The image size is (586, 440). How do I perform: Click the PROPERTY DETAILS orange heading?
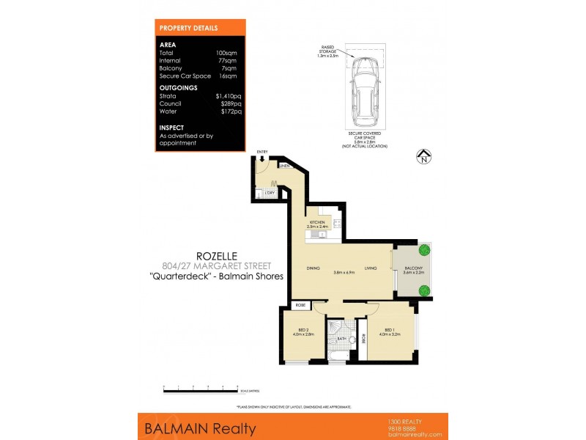[x=188, y=28]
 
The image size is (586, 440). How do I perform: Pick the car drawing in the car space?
[x=364, y=92]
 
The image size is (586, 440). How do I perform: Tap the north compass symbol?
[x=423, y=155]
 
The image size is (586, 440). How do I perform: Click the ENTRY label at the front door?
[x=262, y=152]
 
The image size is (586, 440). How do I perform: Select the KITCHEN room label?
[x=316, y=221]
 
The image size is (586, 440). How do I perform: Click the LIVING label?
[x=371, y=268]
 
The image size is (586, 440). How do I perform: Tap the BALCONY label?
[x=413, y=268]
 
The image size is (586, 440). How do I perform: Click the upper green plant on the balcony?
[x=423, y=250]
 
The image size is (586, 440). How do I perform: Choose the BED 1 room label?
[x=387, y=330]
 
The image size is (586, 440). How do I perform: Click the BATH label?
[x=342, y=338]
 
